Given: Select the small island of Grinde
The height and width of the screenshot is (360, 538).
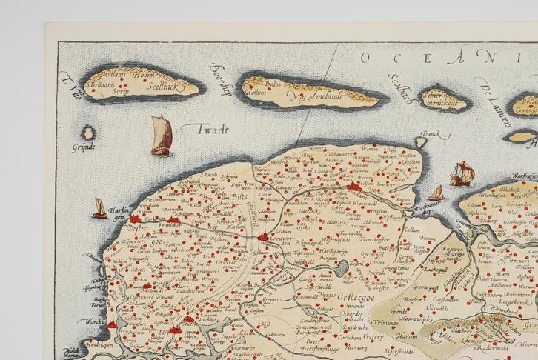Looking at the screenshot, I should pos(88,134).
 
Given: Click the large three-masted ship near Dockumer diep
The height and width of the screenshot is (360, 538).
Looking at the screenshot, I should pos(462,174).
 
